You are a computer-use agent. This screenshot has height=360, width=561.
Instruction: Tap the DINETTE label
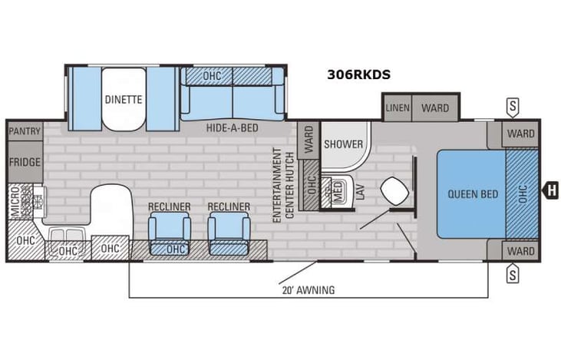point(124,99)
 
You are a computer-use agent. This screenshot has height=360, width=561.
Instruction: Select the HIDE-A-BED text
point(231,129)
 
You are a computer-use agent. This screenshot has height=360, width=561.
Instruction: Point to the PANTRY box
point(25,132)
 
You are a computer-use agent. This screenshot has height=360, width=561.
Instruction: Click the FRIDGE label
point(25,163)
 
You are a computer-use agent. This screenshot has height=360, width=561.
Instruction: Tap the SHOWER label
point(342,144)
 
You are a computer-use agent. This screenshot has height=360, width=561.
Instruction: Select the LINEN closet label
point(398,107)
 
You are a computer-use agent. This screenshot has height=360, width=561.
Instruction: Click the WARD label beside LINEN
point(435,107)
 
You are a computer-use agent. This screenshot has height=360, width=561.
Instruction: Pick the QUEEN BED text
point(471,193)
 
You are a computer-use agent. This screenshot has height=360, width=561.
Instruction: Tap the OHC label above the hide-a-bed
point(212,77)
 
